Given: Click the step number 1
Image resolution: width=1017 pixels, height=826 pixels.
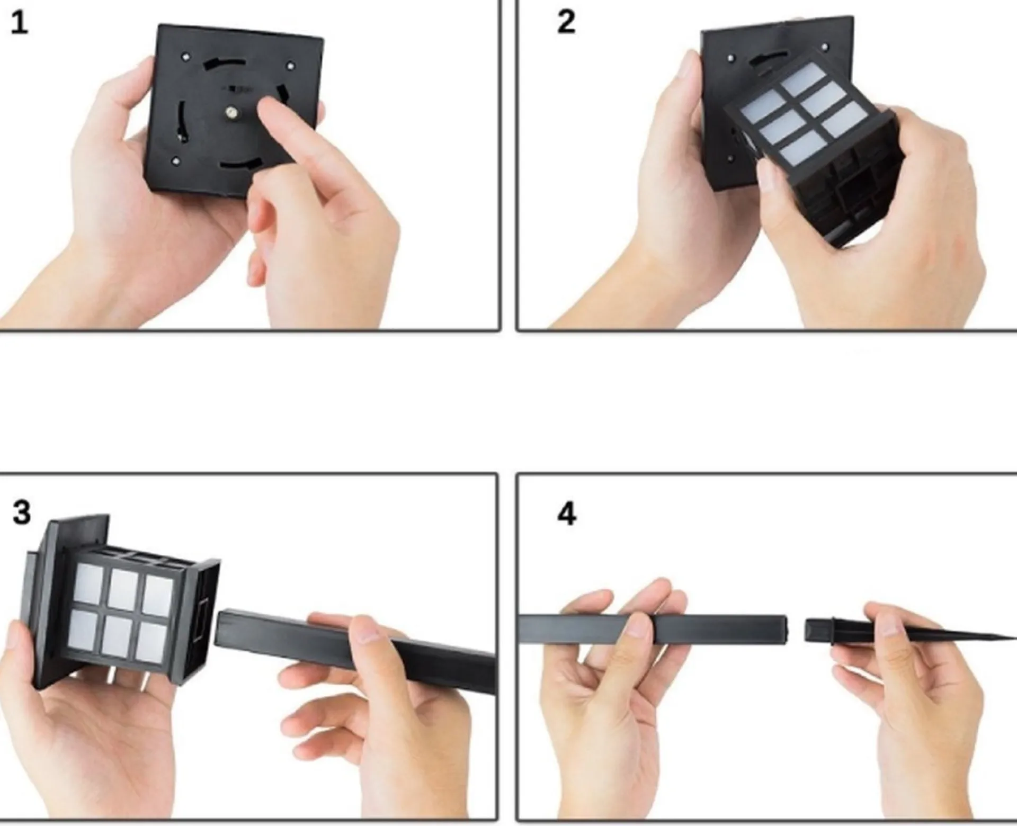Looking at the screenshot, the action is coord(20,24).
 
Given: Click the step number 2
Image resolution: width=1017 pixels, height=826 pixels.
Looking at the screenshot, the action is coord(566,23).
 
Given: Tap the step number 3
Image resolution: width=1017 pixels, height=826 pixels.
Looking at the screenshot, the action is coord(22,513).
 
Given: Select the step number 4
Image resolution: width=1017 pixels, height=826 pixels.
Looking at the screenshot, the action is coord(567,514).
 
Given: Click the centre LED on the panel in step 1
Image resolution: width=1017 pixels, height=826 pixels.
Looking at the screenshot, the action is coord(231,111).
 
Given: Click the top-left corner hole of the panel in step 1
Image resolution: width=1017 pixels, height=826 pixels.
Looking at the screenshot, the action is coord(185,55).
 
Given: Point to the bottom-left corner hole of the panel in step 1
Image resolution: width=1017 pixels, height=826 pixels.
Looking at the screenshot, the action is coord(176,159).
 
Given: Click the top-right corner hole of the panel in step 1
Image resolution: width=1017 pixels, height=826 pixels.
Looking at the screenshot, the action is coord(290,66).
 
